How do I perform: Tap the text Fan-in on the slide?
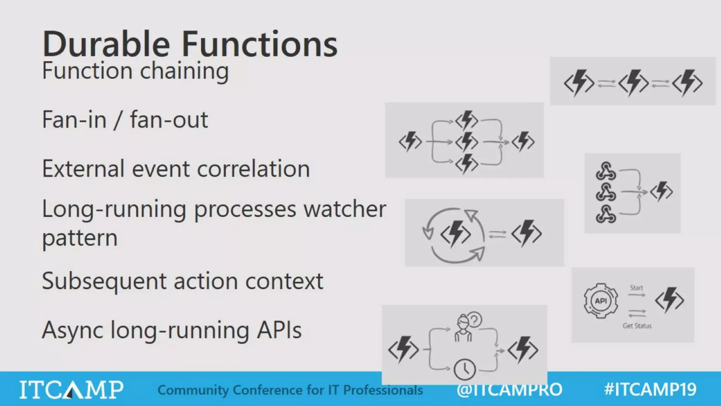click(x=74, y=119)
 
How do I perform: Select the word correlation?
click(x=253, y=169)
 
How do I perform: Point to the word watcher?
click(x=345, y=209)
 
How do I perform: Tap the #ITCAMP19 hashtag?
click(x=650, y=389)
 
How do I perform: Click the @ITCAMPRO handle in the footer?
click(x=509, y=389)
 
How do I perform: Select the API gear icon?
click(x=601, y=301)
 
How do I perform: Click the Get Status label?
click(x=637, y=326)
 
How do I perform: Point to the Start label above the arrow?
click(x=636, y=288)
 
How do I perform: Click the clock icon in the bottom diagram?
click(x=465, y=369)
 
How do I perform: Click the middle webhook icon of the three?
click(x=606, y=192)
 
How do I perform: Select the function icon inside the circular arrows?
click(x=455, y=234)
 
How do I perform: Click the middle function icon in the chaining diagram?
click(x=633, y=82)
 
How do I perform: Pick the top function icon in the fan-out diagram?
click(x=466, y=121)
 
